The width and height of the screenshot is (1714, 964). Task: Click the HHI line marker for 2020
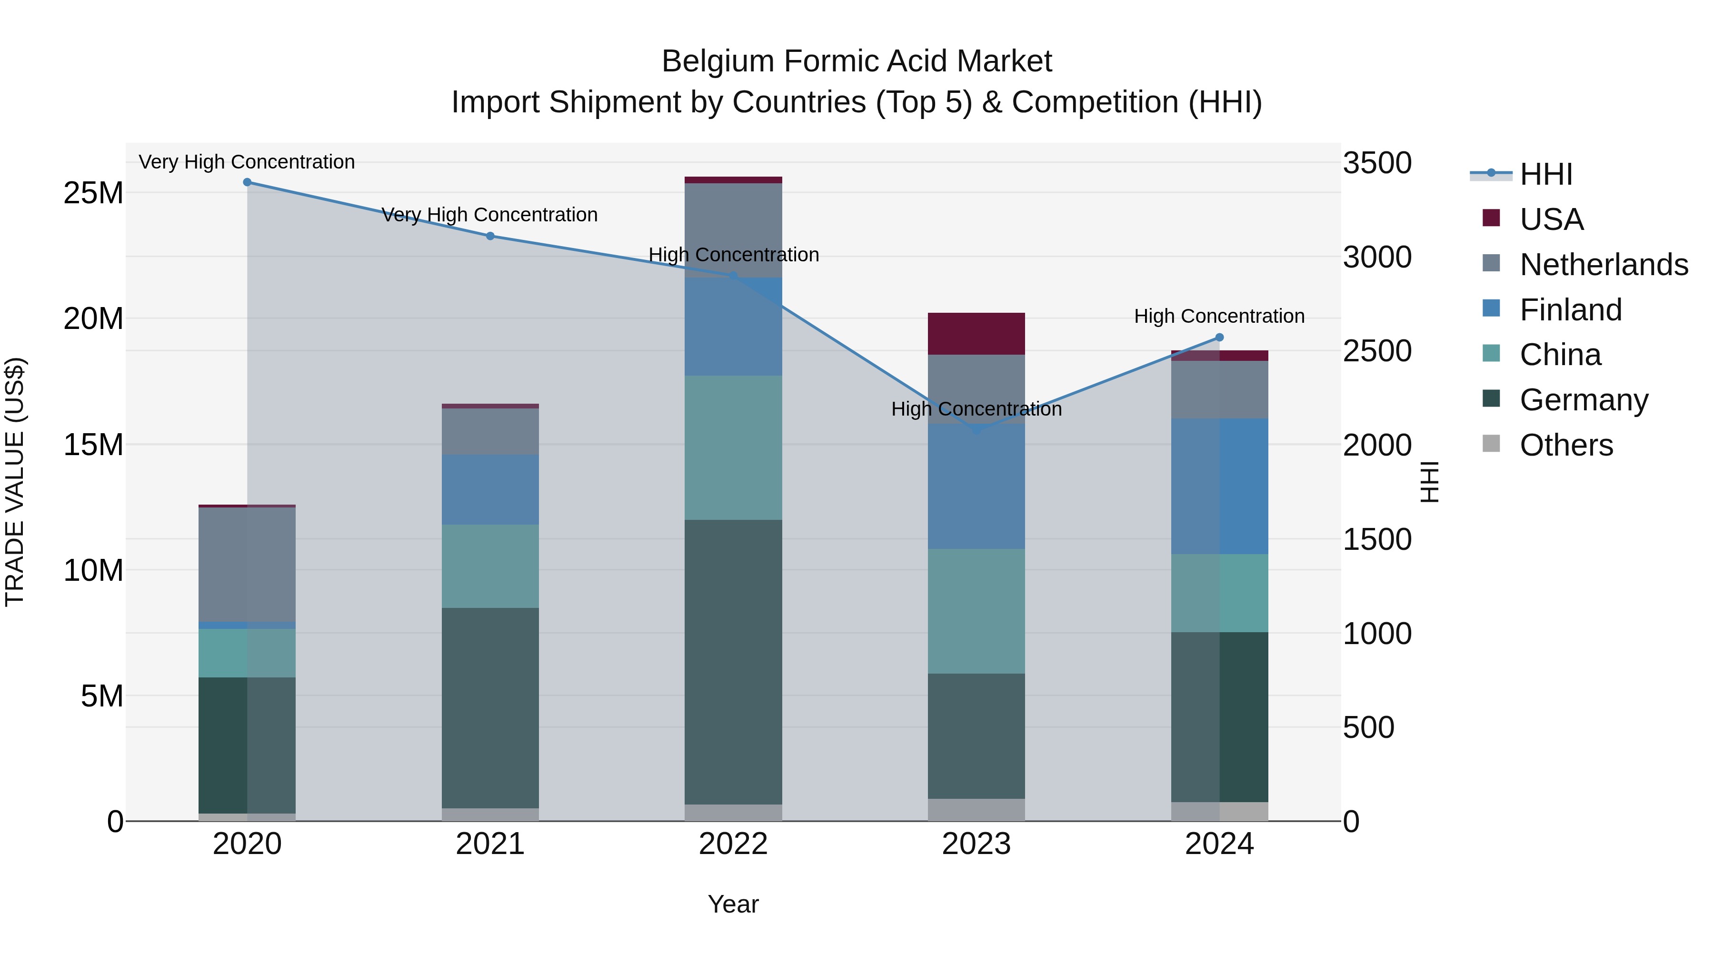tap(247, 182)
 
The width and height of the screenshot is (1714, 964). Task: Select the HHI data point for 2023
tap(976, 430)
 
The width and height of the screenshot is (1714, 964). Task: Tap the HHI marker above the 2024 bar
tap(1219, 338)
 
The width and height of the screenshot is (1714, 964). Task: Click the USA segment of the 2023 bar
tap(976, 333)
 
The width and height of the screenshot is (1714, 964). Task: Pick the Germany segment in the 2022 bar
tap(733, 662)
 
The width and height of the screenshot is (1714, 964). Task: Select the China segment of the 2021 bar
tap(490, 566)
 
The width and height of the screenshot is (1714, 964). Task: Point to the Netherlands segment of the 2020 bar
tap(247, 564)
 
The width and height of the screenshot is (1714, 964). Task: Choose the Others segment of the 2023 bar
tap(976, 810)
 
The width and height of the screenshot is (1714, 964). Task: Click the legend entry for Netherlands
tap(1604, 265)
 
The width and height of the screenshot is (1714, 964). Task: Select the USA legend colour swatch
tap(1491, 218)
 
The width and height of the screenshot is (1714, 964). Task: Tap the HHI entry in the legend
tap(1545, 174)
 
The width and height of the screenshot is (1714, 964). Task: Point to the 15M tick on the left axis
tap(93, 445)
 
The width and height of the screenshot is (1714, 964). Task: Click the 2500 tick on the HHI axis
tap(1376, 351)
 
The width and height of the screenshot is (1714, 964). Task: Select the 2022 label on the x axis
tap(733, 844)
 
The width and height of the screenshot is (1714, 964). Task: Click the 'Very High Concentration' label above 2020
tap(247, 162)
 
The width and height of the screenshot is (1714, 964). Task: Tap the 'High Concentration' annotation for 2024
tap(1219, 316)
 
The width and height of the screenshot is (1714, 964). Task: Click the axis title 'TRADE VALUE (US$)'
tap(15, 482)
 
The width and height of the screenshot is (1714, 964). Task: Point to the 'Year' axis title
tap(733, 904)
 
